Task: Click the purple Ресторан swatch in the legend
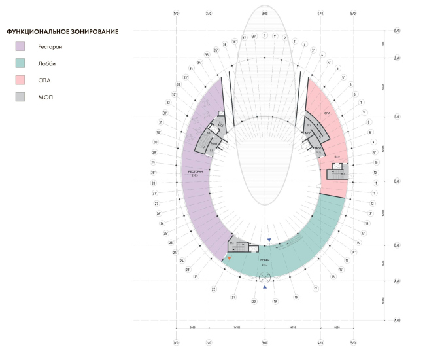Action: point(22,46)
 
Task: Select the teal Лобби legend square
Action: point(22,63)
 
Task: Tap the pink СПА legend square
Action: point(22,81)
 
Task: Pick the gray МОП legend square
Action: point(22,97)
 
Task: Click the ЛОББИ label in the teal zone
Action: point(263,260)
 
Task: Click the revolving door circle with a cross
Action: point(264,277)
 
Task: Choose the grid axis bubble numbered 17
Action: point(315,289)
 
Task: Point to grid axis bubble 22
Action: point(213,289)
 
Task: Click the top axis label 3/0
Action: point(264,13)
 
